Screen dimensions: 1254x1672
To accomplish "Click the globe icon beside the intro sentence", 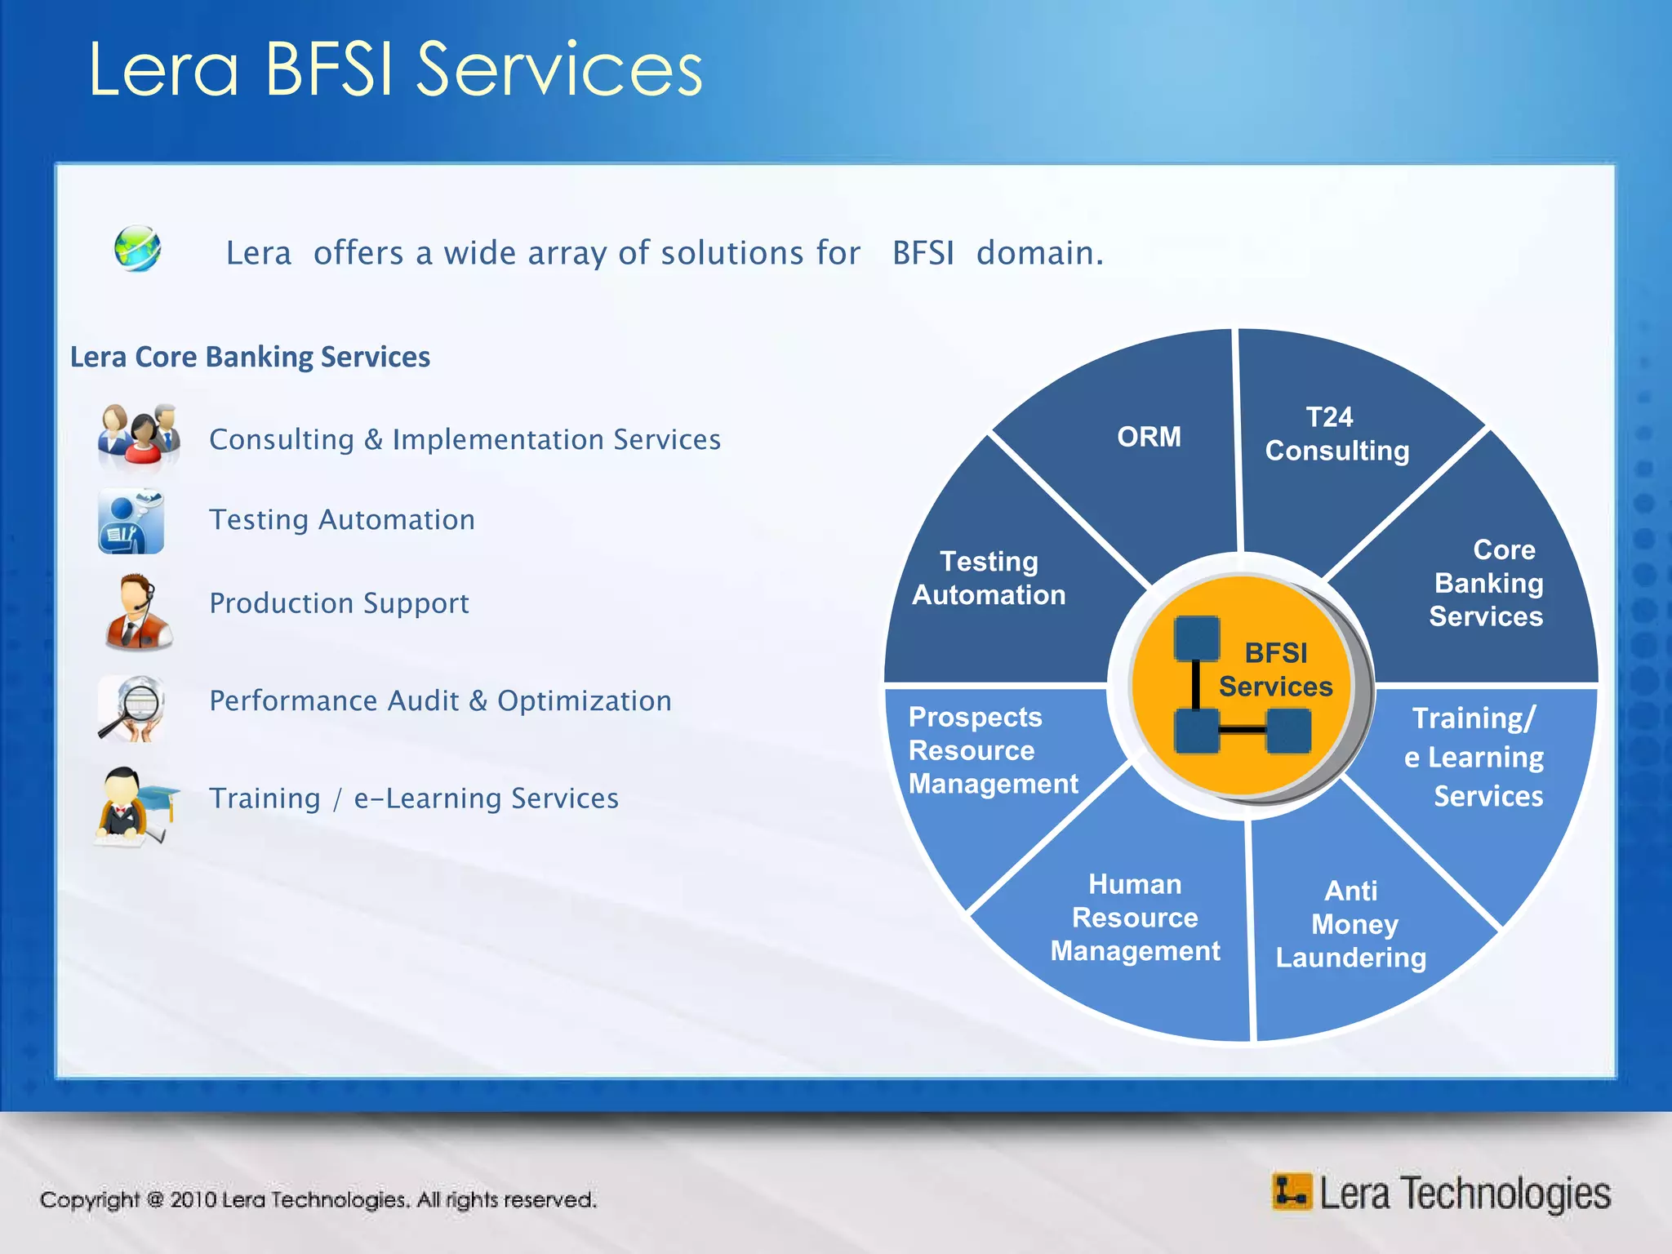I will click(137, 249).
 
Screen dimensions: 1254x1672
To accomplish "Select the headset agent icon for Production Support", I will click(137, 611).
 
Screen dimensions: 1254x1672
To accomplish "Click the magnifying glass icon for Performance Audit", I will click(132, 707).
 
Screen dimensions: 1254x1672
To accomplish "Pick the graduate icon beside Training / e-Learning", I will click(136, 804).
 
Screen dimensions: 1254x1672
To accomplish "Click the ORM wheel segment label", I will click(1148, 437).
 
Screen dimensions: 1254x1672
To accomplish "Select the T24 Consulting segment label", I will click(1336, 434).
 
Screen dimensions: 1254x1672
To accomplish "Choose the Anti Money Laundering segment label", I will click(1351, 924).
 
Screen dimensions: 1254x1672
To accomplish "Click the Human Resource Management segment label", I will click(1135, 918).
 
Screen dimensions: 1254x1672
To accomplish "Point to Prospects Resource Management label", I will click(992, 750).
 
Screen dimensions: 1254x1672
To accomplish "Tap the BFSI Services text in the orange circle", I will click(1275, 669).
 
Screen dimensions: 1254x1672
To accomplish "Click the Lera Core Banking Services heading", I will click(250, 357).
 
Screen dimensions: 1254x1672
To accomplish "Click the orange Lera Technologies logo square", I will click(1291, 1192).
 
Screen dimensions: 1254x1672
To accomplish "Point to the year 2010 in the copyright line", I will click(193, 1199).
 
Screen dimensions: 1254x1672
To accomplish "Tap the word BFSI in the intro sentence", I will click(923, 253).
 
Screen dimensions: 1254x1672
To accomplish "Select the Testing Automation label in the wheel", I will click(989, 578).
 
